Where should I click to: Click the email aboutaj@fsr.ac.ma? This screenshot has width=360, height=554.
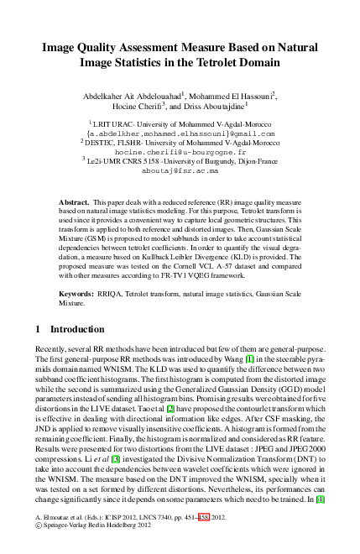(179, 170)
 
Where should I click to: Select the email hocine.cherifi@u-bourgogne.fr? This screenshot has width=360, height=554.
(179, 151)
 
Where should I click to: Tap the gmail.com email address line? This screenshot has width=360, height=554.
(180, 133)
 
